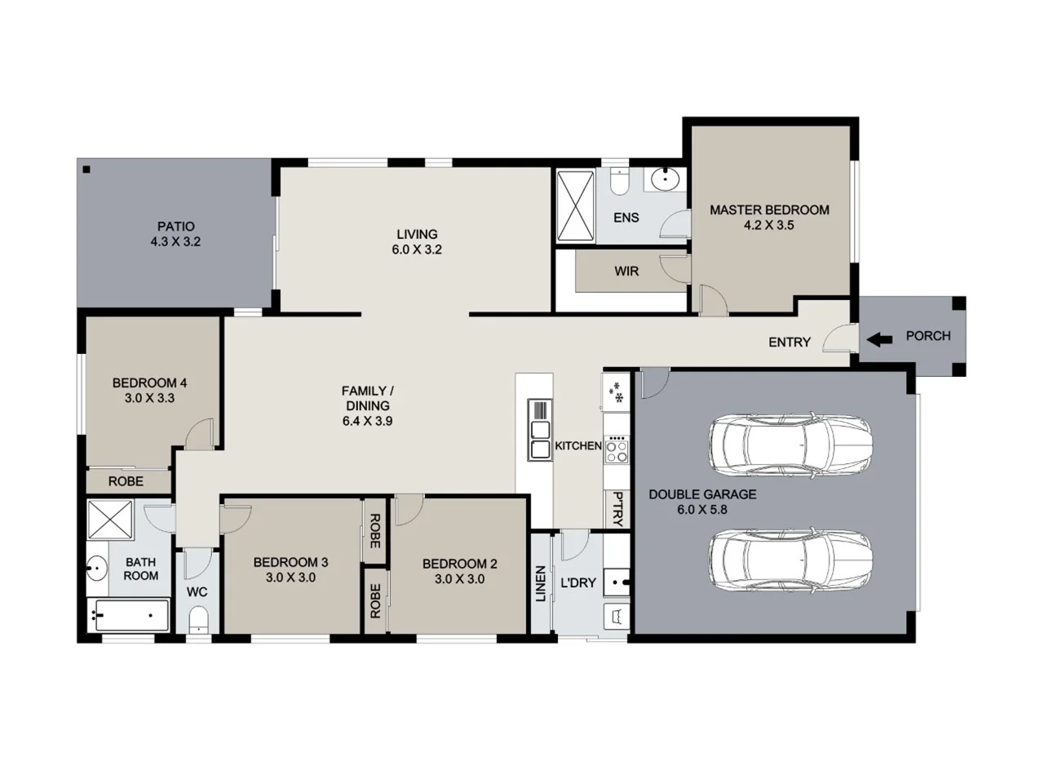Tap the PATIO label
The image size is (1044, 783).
click(x=175, y=227)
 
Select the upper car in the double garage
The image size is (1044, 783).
click(x=790, y=445)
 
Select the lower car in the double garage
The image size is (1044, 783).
click(x=790, y=564)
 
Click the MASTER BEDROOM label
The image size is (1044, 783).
click(x=769, y=210)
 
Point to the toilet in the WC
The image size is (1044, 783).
click(x=198, y=622)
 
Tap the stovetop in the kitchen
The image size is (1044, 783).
click(x=617, y=450)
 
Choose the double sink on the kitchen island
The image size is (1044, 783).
click(x=540, y=440)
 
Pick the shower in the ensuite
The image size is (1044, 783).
click(x=576, y=206)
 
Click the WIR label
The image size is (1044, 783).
click(x=626, y=272)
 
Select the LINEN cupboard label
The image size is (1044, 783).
click(x=540, y=584)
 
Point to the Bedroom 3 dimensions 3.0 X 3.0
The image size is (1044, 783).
click(x=290, y=577)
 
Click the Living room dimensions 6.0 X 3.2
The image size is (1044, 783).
click(x=417, y=250)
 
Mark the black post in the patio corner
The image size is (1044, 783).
click(x=86, y=170)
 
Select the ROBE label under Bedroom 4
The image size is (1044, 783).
click(x=126, y=481)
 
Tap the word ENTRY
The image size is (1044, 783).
click(x=790, y=343)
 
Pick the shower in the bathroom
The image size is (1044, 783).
click(x=110, y=519)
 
